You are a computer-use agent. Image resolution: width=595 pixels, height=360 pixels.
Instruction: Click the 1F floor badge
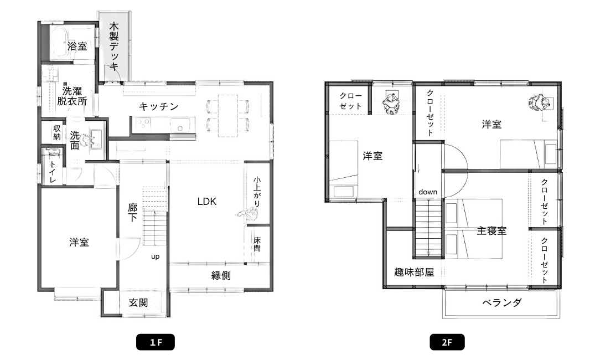(x=156, y=342)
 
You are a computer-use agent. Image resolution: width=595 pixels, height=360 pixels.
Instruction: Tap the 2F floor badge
(x=447, y=342)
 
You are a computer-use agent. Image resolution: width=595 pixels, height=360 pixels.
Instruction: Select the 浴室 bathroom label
(x=77, y=47)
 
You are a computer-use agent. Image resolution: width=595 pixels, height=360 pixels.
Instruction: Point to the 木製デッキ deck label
(x=114, y=47)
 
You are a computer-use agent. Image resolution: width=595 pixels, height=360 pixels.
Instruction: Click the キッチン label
(x=159, y=106)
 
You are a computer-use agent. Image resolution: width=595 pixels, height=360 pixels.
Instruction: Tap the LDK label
(x=207, y=201)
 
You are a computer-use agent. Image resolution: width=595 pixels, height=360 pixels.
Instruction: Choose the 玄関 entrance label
(x=138, y=302)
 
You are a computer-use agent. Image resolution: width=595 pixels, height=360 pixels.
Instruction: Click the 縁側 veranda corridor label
(x=221, y=275)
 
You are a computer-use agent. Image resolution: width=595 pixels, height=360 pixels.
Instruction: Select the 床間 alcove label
(x=257, y=244)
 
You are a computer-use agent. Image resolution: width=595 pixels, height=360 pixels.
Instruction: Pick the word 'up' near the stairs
(x=155, y=256)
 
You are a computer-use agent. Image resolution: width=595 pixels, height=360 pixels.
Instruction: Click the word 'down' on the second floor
(x=428, y=192)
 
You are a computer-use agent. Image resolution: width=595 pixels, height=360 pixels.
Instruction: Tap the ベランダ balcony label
(x=502, y=302)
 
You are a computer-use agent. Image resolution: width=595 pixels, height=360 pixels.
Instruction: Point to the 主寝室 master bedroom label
(x=492, y=230)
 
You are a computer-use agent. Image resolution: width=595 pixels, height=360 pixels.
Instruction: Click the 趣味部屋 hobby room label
(x=414, y=272)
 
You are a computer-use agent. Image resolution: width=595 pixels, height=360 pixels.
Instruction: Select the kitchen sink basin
(x=180, y=125)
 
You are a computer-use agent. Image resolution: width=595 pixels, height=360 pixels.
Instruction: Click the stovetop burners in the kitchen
(x=143, y=124)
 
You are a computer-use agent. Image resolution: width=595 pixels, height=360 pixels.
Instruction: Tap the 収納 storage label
(x=57, y=132)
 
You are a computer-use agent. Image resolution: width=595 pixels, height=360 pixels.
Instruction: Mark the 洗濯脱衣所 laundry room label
(x=72, y=96)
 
